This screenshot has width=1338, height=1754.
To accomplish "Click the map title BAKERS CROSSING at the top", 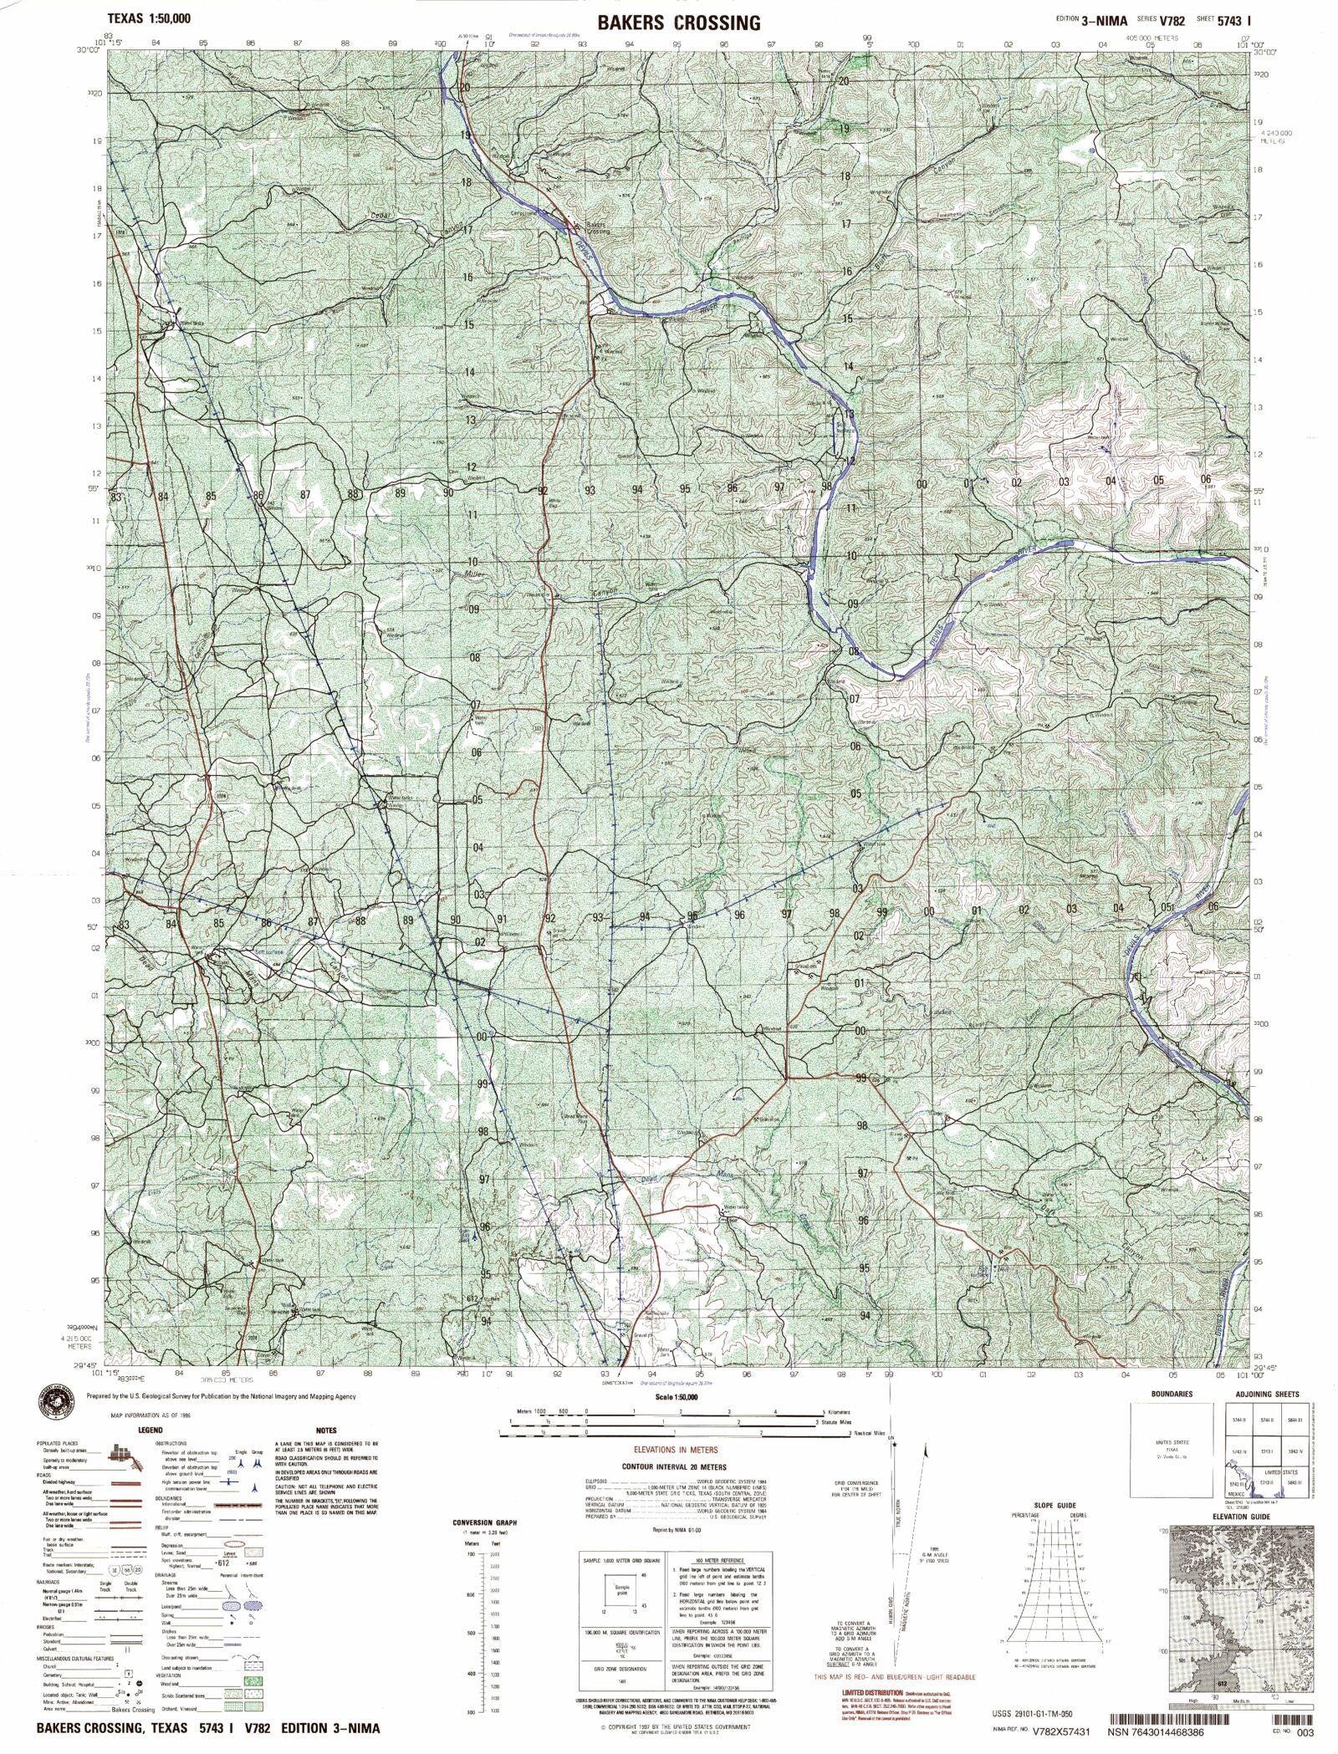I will click(x=678, y=23).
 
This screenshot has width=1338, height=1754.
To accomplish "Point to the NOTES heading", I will click(x=326, y=1430).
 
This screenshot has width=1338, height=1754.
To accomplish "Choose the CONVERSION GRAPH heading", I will click(x=484, y=1522).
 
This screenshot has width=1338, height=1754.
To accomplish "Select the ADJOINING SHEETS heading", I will click(x=1267, y=1395).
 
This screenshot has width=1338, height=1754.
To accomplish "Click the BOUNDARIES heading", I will click(x=1171, y=1395).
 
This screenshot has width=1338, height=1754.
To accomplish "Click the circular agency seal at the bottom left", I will click(x=54, y=1401).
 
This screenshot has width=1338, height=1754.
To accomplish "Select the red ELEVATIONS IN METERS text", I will click(x=676, y=1450).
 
